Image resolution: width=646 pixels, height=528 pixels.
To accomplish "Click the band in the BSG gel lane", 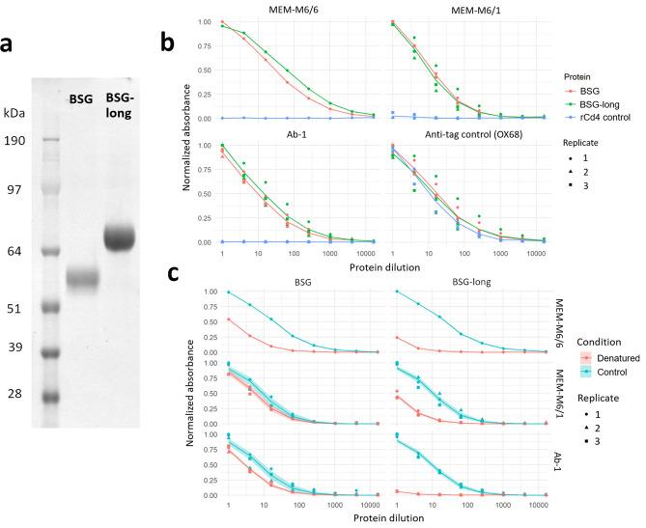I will click(84, 279).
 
